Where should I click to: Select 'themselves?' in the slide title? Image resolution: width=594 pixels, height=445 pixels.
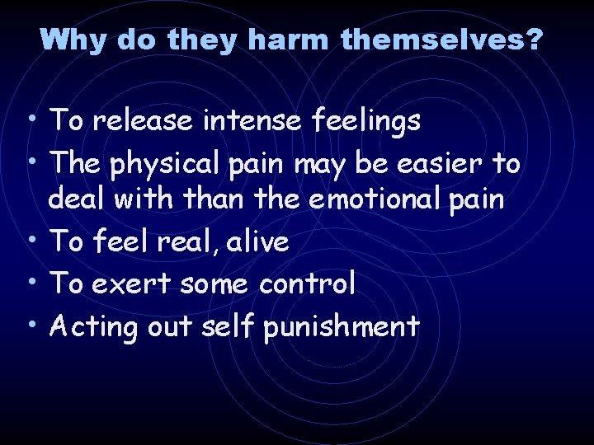point(441,39)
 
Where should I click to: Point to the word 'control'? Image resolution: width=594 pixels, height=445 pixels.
point(308,283)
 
